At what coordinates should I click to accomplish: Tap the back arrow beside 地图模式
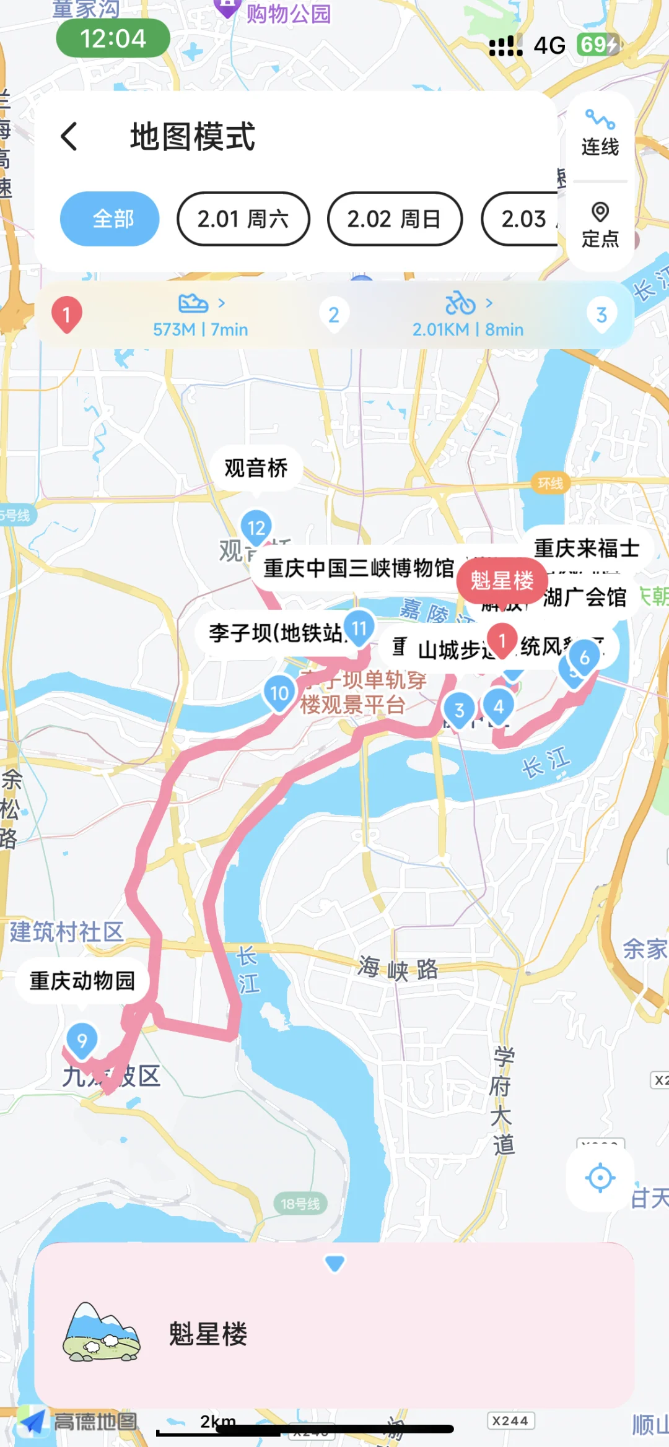(69, 136)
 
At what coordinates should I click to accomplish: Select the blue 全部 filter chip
(110, 219)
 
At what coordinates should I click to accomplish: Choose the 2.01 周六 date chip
(243, 219)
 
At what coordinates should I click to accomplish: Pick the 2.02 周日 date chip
(395, 219)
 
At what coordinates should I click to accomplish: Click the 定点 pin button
(600, 225)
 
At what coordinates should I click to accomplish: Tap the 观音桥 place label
(256, 467)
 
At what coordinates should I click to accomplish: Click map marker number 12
(256, 527)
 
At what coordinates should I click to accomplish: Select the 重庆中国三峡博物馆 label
(359, 568)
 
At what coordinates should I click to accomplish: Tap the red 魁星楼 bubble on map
(502, 580)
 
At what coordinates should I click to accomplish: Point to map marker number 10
(279, 693)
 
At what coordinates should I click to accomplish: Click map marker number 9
(82, 1040)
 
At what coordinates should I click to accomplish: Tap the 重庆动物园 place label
(82, 980)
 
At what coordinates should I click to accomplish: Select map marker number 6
(584, 658)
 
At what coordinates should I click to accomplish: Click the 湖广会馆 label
(585, 597)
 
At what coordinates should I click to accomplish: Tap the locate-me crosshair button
(600, 1178)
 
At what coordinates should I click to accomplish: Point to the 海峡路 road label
(398, 968)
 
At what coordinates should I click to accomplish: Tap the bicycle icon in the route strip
(460, 303)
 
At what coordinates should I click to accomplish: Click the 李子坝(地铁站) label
(275, 633)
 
